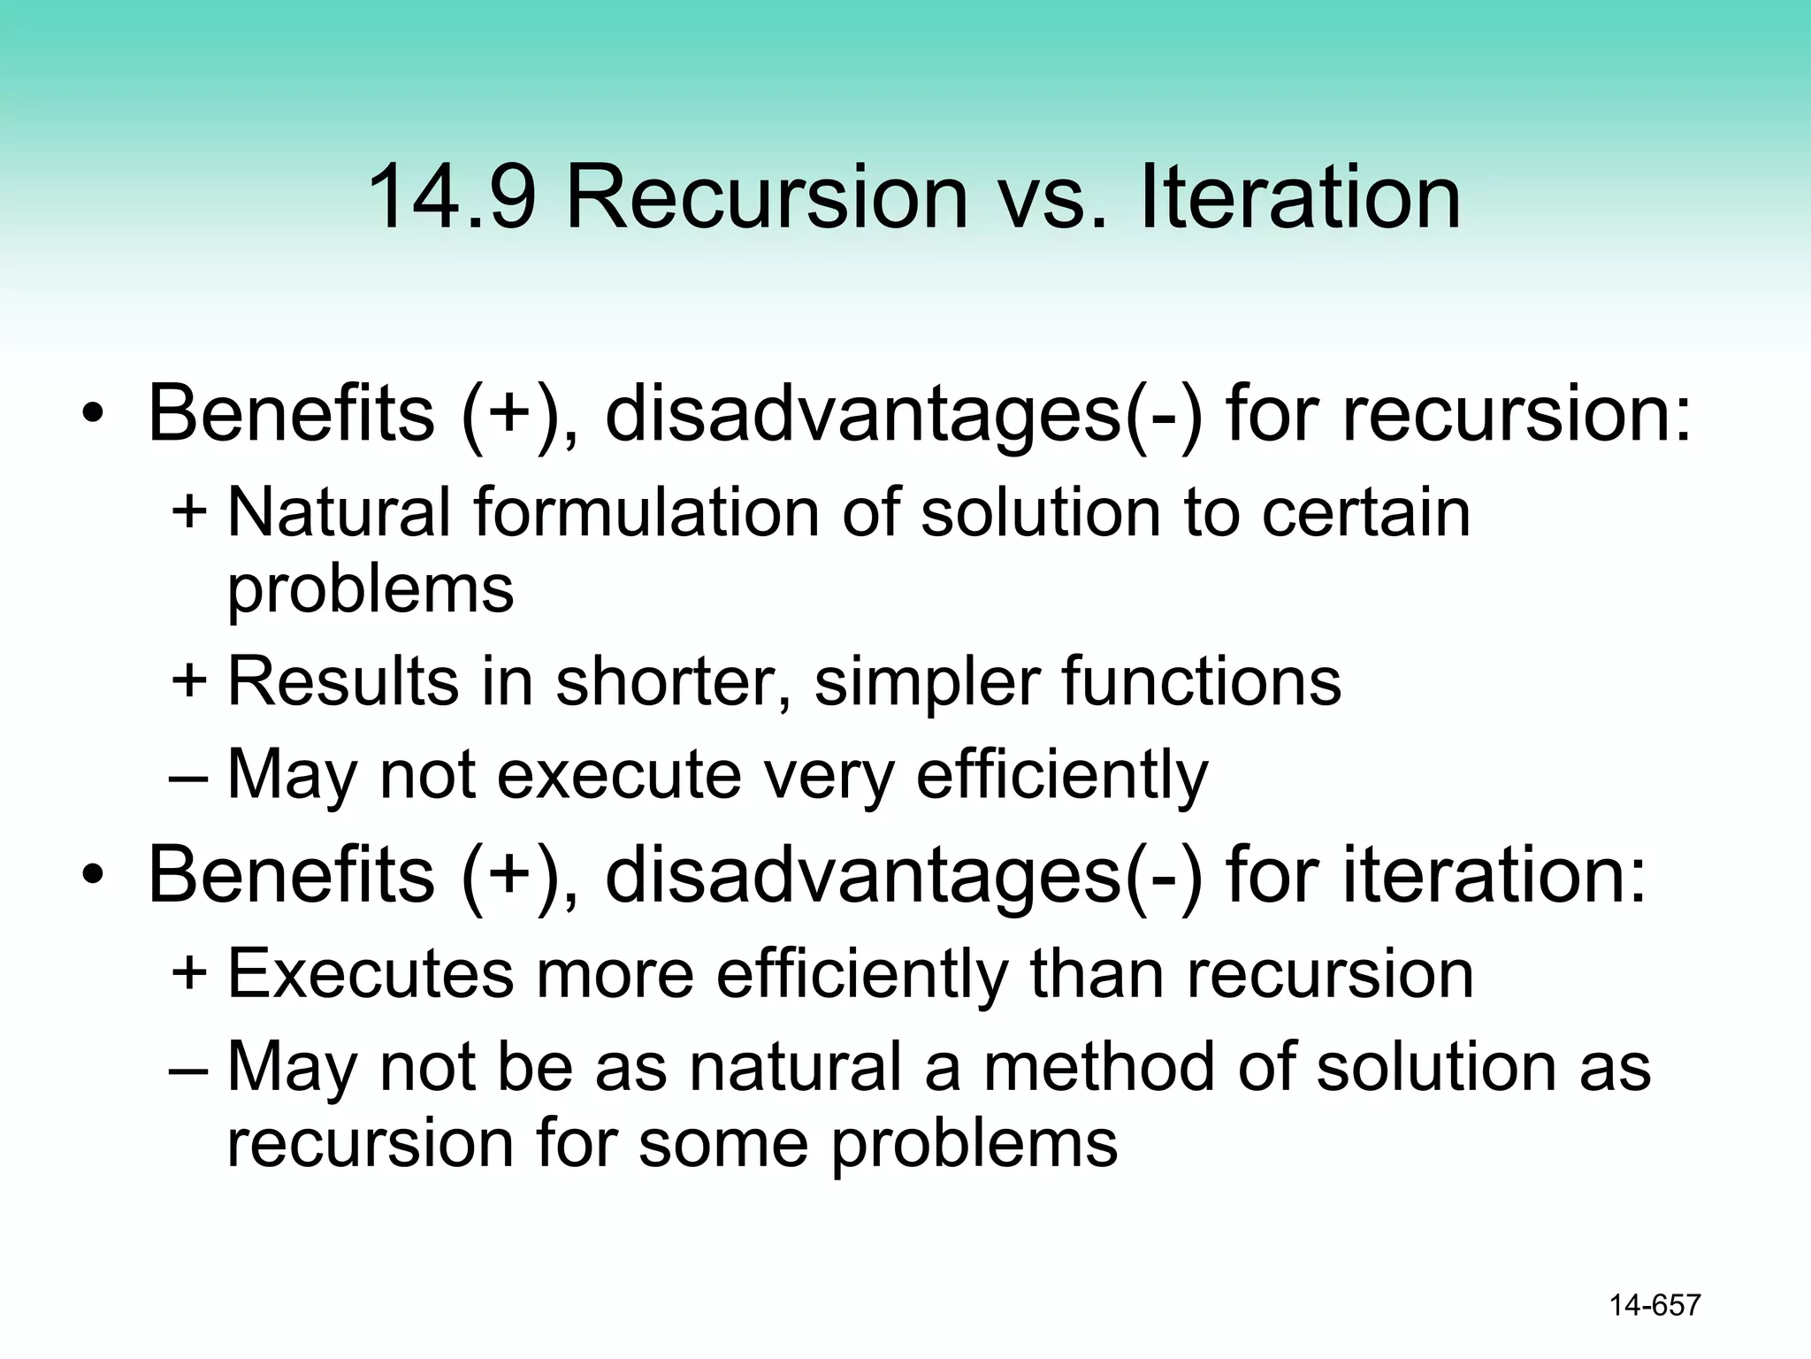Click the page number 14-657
[1654, 1305]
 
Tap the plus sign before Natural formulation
[189, 511]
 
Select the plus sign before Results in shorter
[189, 681]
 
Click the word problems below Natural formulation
[371, 589]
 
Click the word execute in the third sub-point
[619, 775]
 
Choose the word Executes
[371, 973]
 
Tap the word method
[1097, 1067]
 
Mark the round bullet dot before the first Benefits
[93, 416]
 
